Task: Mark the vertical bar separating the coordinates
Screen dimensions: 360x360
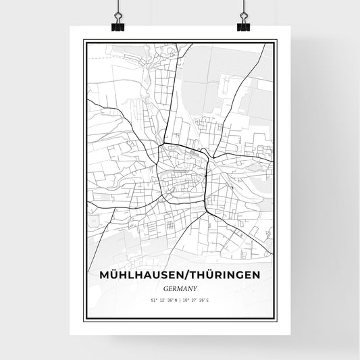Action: click(x=180, y=300)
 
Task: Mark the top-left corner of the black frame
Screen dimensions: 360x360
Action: click(x=84, y=41)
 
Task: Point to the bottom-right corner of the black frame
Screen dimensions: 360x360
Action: click(x=276, y=320)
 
